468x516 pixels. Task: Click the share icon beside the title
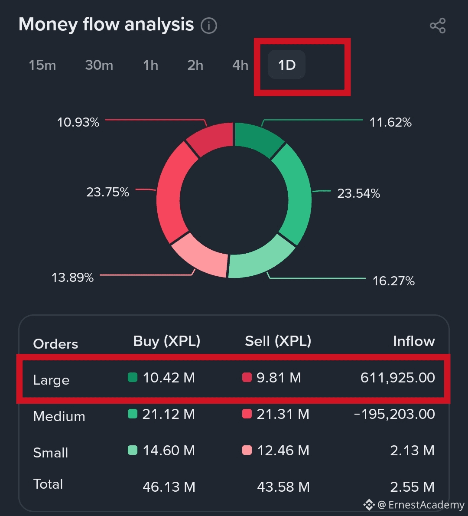tap(438, 26)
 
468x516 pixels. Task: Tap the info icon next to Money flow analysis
tap(209, 26)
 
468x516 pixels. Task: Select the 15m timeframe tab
tap(42, 65)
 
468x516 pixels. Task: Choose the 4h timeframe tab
tap(240, 65)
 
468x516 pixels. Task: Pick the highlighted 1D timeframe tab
tap(287, 65)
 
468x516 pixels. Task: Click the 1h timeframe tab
tap(150, 65)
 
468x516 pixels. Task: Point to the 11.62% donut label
tap(390, 122)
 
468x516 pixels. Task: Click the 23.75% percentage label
tap(107, 192)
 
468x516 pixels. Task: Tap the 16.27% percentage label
tap(393, 281)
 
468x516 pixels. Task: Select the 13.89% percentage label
tap(72, 278)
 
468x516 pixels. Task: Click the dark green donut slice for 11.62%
tap(257, 139)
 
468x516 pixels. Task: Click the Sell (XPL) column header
tap(278, 341)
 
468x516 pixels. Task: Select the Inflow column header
tap(413, 341)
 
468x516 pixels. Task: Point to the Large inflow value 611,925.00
tap(397, 378)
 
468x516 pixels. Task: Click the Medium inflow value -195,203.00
tap(394, 414)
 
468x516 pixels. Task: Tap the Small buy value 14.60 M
tap(169, 451)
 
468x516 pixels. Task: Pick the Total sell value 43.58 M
tap(283, 487)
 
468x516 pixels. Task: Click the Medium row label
tap(59, 416)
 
